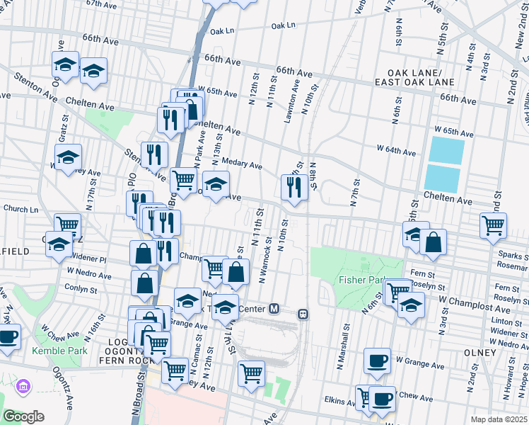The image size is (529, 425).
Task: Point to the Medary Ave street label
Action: click(242, 164)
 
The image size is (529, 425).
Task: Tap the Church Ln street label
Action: click(21, 209)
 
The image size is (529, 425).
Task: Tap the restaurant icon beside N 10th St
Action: click(294, 188)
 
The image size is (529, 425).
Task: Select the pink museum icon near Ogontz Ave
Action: click(23, 387)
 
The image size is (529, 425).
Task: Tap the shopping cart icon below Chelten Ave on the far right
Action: click(493, 225)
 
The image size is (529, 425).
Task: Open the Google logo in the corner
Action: click(23, 416)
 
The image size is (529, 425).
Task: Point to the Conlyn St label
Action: click(80, 289)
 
